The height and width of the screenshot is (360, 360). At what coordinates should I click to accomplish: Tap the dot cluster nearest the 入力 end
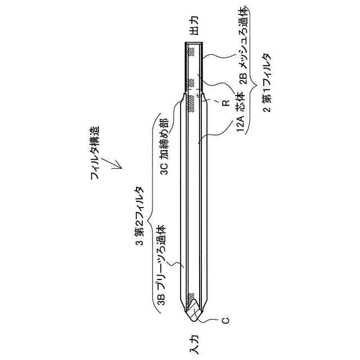click(192, 295)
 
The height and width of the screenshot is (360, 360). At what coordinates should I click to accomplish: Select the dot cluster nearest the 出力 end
click(192, 51)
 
